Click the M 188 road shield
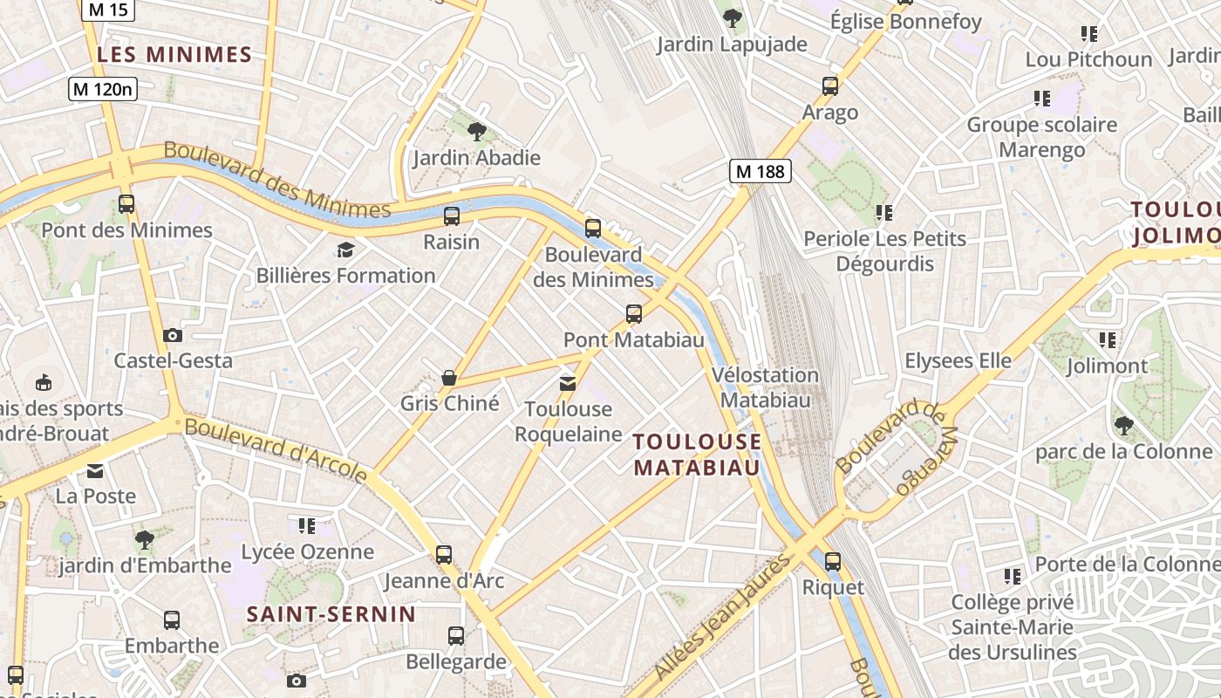tap(761, 172)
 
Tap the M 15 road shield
tap(107, 10)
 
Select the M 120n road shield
tap(103, 88)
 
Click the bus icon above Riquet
tap(833, 561)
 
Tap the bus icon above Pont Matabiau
tap(634, 313)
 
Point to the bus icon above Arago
tap(830, 86)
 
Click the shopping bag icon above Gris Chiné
tap(449, 377)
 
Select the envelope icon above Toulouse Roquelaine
tap(568, 383)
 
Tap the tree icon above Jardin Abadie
tap(476, 132)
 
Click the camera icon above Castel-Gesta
tap(173, 335)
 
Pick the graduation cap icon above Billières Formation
tap(345, 250)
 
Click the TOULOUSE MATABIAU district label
tap(697, 455)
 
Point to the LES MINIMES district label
tap(174, 55)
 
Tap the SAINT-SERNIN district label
tap(331, 613)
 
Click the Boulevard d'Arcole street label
tap(276, 450)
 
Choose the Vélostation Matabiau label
tap(765, 387)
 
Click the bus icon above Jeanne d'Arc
tap(444, 554)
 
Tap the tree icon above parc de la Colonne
tap(1123, 426)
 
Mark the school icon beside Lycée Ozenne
tap(306, 526)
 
